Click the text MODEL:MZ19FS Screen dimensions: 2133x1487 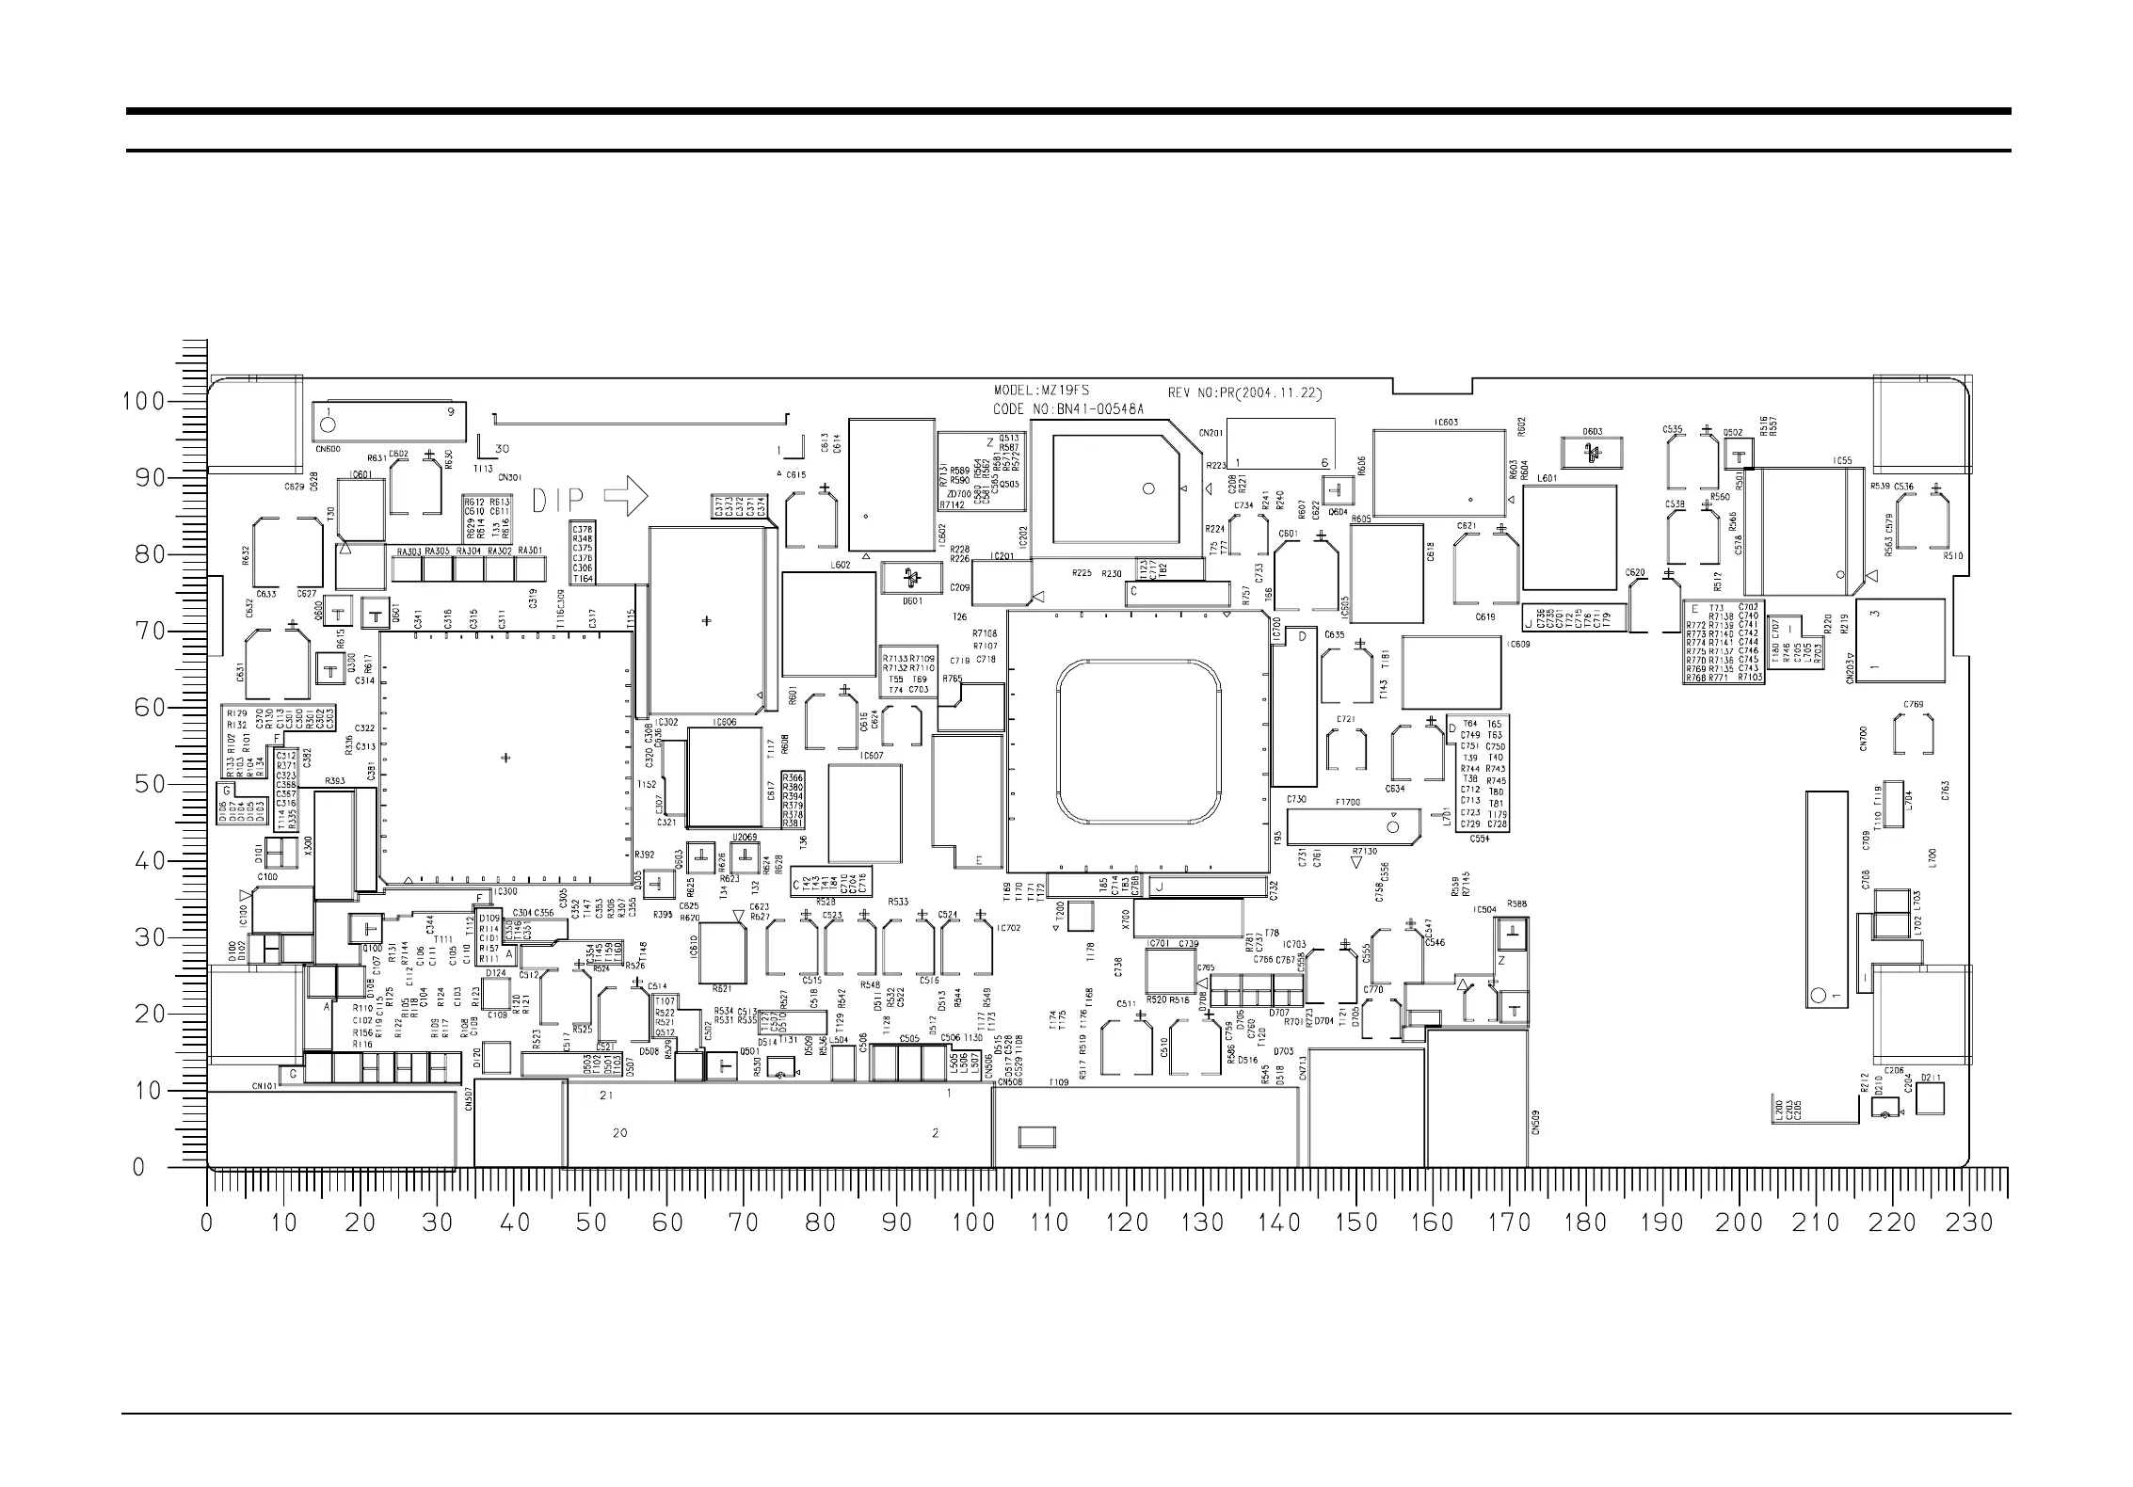pyautogui.click(x=1042, y=391)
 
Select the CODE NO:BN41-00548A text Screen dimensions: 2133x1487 pyautogui.click(x=1068, y=409)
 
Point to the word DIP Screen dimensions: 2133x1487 pyautogui.click(x=559, y=501)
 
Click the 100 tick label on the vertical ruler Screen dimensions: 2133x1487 pyautogui.click(x=145, y=402)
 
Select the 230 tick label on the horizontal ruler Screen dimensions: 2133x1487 pyautogui.click(x=1970, y=1223)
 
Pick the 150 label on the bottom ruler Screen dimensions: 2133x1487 pyautogui.click(x=1356, y=1223)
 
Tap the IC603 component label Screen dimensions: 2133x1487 pyautogui.click(x=1446, y=423)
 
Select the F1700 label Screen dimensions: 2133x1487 pyautogui.click(x=1348, y=803)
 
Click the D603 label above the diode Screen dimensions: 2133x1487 pyautogui.click(x=1592, y=432)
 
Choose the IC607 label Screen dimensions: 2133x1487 pyautogui.click(x=872, y=756)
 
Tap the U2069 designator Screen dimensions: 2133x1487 pyautogui.click(x=745, y=837)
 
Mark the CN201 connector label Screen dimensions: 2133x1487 pyautogui.click(x=1211, y=433)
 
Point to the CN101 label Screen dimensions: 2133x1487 pyautogui.click(x=265, y=1085)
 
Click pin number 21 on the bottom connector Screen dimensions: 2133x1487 pyautogui.click(x=607, y=1095)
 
